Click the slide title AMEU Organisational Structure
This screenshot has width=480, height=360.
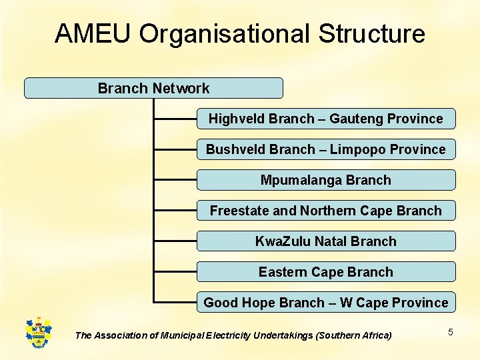(240, 33)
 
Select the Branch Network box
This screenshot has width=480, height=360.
(153, 88)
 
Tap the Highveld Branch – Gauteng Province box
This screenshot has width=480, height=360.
(325, 119)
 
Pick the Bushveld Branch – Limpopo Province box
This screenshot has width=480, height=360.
(325, 149)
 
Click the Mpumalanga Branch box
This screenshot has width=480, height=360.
(325, 180)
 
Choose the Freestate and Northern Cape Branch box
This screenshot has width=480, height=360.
(325, 211)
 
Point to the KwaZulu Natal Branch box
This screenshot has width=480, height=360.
(325, 241)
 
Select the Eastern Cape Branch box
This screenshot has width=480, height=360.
(325, 272)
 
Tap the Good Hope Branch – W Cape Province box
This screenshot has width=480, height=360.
(325, 303)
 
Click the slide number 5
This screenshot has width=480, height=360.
(450, 332)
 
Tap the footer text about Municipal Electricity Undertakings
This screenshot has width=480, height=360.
(233, 335)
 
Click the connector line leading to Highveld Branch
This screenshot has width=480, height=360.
(175, 119)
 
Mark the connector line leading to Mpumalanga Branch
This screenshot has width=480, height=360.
(175, 181)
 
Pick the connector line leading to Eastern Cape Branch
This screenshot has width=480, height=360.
(175, 273)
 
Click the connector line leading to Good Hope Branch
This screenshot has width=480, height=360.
(175, 303)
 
